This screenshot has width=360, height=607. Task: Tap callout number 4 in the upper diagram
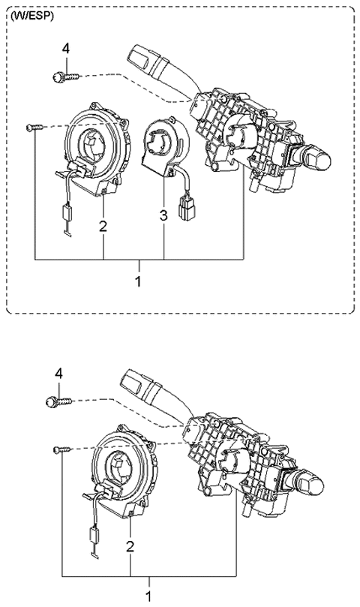[65, 49]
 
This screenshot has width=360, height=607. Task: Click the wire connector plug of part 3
[185, 207]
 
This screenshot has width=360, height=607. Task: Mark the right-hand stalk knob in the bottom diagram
[315, 482]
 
